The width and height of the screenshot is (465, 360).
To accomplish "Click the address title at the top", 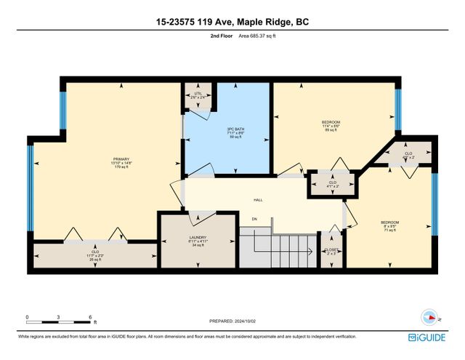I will point(232,23).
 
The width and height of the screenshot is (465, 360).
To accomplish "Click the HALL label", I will point(258,200).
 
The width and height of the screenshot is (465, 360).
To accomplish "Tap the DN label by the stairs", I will point(254,219).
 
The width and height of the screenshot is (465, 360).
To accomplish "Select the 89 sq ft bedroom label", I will point(331,126).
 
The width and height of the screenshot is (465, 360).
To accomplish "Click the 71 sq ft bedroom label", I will point(389,225).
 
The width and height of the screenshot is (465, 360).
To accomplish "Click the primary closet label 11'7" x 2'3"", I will point(94,255).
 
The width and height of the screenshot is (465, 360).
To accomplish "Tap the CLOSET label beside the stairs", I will point(331,251).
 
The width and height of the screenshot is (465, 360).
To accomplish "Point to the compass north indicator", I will point(431,317).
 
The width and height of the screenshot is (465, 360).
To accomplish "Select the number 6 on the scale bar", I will point(90,316).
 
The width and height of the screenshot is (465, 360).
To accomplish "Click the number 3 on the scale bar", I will point(59,316).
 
